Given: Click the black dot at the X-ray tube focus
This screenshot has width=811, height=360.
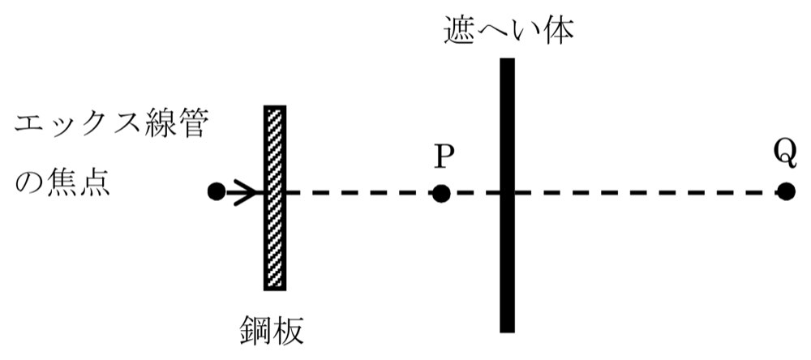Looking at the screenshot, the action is [x=217, y=192].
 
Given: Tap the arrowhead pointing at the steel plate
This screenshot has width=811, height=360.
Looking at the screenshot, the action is [x=247, y=192].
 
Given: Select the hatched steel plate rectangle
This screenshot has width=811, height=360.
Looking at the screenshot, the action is [x=275, y=198].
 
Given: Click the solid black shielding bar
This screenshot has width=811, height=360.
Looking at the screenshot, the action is [x=508, y=195].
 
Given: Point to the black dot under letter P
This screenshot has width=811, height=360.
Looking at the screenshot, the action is [x=441, y=194].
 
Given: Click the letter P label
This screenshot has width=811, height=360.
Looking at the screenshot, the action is [x=441, y=157].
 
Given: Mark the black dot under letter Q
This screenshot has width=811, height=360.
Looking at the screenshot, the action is [x=786, y=192].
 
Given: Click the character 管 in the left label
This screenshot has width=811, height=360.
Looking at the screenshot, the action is [x=192, y=126].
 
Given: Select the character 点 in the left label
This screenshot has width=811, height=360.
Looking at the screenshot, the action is [x=95, y=182].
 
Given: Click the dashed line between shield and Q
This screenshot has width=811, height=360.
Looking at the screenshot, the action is [x=646, y=193].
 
